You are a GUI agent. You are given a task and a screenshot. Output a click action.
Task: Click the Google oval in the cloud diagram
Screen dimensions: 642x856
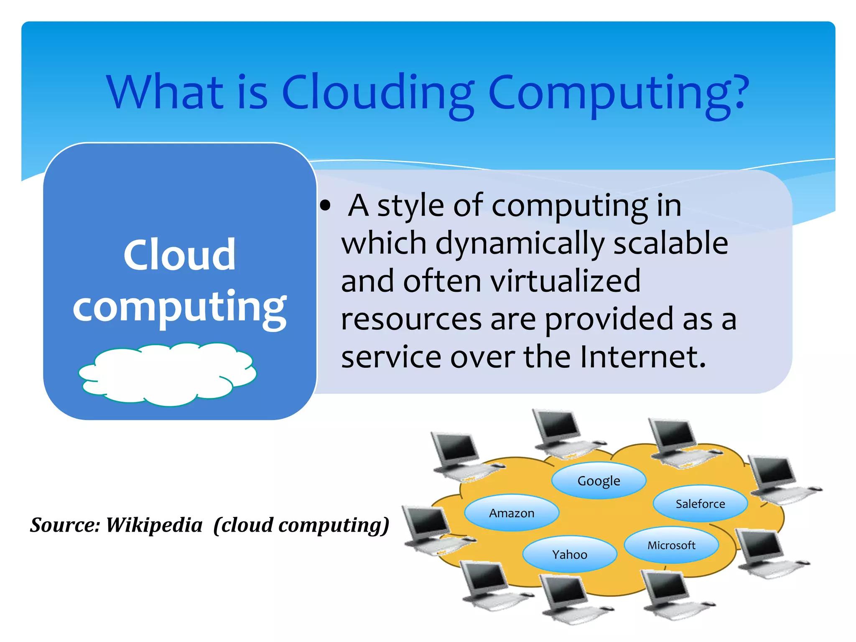599,481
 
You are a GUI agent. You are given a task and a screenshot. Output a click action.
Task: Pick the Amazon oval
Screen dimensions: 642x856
512,513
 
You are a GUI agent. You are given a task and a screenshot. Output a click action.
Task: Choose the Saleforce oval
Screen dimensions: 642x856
700,504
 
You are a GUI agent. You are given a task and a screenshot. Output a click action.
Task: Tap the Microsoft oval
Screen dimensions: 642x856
671,545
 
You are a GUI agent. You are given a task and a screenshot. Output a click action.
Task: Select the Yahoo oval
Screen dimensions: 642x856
570,554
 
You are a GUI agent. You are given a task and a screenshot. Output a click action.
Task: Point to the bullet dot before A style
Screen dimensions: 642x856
325,206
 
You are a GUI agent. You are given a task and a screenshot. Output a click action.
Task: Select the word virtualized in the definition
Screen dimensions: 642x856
565,281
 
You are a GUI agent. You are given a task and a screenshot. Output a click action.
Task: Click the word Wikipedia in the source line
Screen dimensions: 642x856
154,525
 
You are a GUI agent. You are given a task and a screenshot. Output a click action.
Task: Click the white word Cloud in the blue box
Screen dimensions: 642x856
179,255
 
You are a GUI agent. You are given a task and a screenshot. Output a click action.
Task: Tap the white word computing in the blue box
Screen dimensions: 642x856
179,307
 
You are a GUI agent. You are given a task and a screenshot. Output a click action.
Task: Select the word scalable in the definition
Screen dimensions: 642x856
671,243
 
